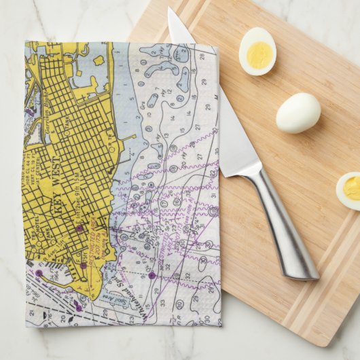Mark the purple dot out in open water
[x=151, y=274]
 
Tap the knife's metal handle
[x=285, y=224]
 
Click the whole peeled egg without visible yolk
[x=298, y=112]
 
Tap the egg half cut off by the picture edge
[x=349, y=190]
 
